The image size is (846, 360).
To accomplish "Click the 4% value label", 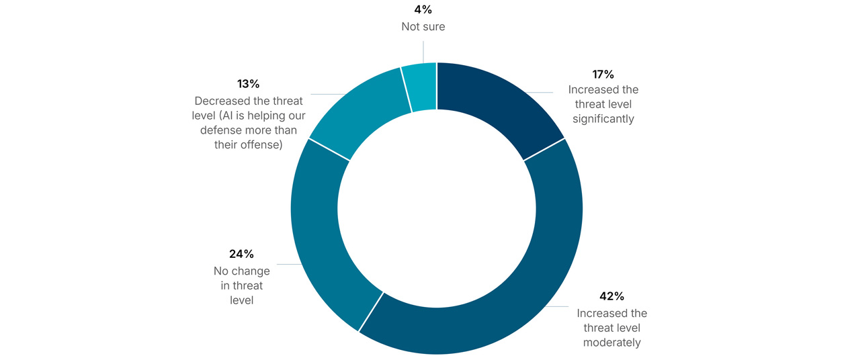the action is pos(423,9).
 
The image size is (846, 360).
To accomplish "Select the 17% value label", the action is pos(603,75).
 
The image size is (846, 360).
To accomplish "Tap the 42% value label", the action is pos(612,296).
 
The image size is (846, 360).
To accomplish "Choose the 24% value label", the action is pos(241,254).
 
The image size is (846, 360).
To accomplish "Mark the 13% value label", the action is pos(248,84).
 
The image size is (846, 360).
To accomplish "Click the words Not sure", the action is pos(423,26).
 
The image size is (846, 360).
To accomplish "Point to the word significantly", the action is pos(603,119).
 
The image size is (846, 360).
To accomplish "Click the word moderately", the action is pos(612,343).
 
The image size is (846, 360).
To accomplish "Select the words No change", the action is pos(242,271).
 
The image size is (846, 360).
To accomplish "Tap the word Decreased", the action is pos(223,101).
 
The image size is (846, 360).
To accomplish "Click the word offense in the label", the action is pos(261,144).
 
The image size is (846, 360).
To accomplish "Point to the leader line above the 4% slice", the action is pos(423,52).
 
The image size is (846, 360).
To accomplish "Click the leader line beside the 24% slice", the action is pos(290,264).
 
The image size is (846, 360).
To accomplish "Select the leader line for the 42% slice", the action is pos(556,306).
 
